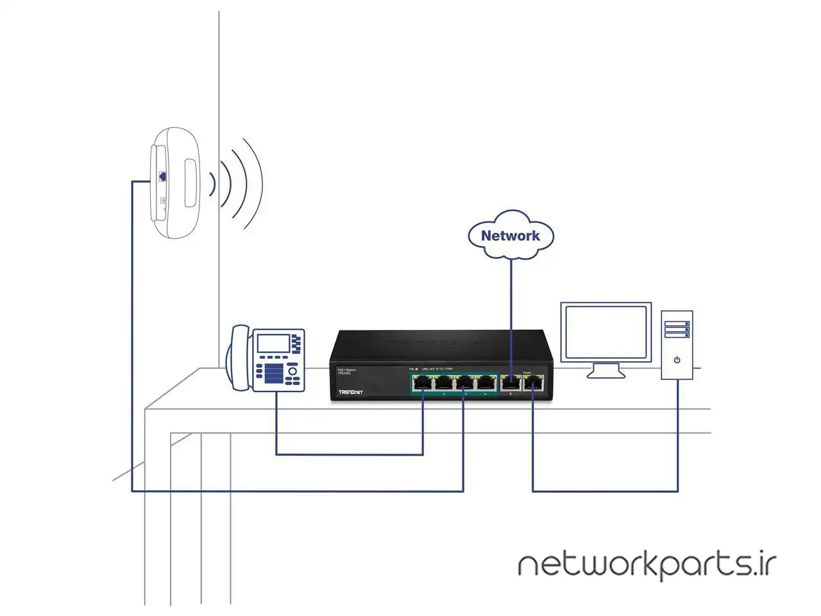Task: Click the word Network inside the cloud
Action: (x=510, y=235)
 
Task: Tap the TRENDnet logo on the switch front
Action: (x=350, y=391)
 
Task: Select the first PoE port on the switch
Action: (x=423, y=383)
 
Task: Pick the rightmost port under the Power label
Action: (x=533, y=383)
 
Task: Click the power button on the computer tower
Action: (x=677, y=360)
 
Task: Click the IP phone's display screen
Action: (x=273, y=343)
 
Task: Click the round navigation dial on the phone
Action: (x=292, y=371)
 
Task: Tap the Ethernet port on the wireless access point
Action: (x=163, y=175)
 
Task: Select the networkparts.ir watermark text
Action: (x=647, y=565)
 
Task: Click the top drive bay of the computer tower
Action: (x=677, y=324)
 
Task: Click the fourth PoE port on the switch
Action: (x=485, y=383)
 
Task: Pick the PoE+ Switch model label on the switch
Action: (x=346, y=372)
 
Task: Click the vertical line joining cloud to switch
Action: (x=511, y=308)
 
